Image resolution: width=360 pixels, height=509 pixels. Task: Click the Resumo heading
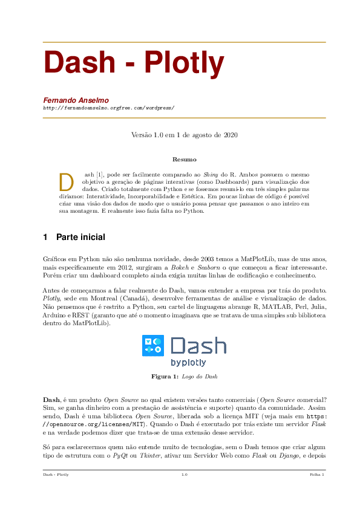185,160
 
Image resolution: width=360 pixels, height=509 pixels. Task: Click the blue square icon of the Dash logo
152,345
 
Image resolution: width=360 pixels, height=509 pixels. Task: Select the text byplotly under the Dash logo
188,363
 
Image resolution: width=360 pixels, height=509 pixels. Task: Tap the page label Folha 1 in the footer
317,475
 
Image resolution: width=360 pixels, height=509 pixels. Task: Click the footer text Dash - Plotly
56,475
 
